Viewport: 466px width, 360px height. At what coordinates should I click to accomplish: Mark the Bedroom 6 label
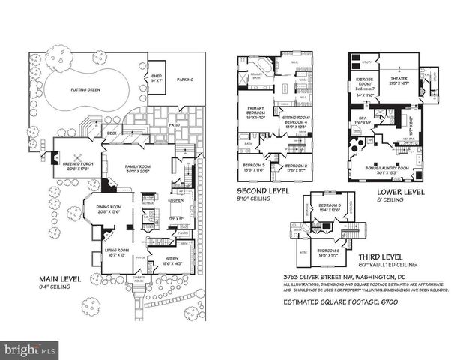(x=329, y=252)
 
